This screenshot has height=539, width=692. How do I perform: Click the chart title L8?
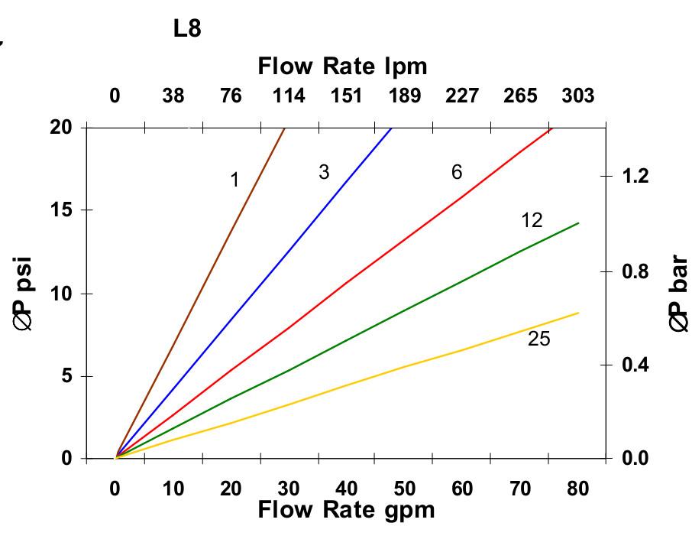point(187,31)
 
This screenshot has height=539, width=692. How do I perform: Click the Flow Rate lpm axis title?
point(342,67)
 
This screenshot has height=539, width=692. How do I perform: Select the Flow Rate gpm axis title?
point(346,509)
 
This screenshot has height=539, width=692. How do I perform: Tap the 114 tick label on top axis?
point(289,96)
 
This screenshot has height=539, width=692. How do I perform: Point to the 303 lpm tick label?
point(577,96)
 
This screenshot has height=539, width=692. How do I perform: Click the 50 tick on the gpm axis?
point(404,489)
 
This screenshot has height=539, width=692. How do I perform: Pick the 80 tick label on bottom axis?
point(577,489)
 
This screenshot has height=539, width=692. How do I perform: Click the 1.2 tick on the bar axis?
point(635,177)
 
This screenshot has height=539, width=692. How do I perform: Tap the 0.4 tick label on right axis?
point(635,365)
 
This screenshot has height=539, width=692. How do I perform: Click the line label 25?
point(538,339)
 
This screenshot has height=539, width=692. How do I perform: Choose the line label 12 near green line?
point(532,221)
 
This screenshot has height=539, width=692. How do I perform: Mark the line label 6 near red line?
point(457,173)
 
